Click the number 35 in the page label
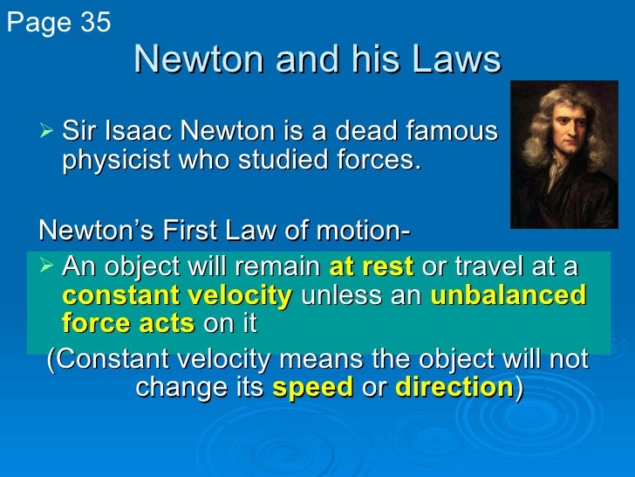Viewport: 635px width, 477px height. point(92,23)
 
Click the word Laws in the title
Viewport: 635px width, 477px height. point(459,60)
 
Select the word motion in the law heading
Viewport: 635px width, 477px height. point(359,233)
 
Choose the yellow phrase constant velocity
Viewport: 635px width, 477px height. point(177,294)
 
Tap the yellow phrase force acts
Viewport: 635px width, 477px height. point(128,323)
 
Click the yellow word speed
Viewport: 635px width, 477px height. point(313,388)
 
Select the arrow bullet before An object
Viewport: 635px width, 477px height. point(49,266)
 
